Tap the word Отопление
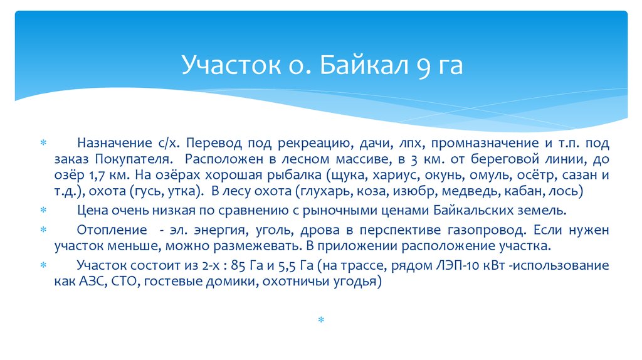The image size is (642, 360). click(x=108, y=230)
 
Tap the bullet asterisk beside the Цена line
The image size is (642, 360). click(x=43, y=209)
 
